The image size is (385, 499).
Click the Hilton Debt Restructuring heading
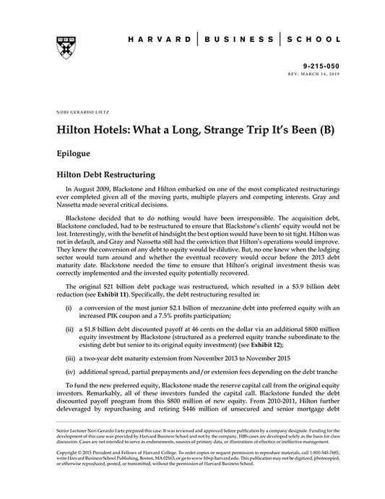point(112,176)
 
